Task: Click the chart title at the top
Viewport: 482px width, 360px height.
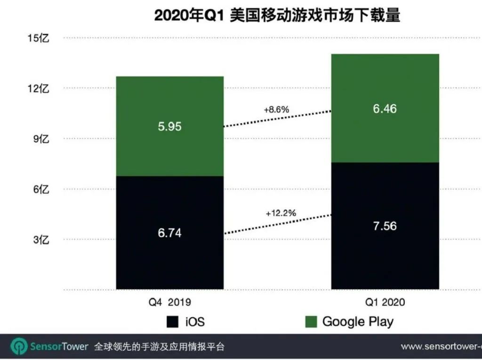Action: [277, 16]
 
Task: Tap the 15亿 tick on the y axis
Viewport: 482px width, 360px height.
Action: [39, 38]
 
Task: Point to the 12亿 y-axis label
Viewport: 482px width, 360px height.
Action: [39, 88]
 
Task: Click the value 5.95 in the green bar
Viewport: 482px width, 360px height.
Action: [170, 127]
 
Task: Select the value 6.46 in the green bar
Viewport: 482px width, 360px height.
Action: [385, 109]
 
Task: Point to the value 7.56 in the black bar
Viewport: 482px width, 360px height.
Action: [385, 226]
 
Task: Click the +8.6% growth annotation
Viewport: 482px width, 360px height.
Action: [276, 110]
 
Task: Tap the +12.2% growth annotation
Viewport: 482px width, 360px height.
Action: [281, 213]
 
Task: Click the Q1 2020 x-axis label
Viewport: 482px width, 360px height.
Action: [385, 302]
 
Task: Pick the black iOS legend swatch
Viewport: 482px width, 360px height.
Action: [172, 322]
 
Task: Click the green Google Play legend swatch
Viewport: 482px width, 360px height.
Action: [311, 322]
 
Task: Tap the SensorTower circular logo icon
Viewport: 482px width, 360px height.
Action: [19, 347]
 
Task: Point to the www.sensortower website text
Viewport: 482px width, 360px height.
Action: [441, 347]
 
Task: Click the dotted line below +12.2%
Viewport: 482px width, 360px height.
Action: [278, 224]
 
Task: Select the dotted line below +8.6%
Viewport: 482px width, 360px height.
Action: [278, 119]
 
